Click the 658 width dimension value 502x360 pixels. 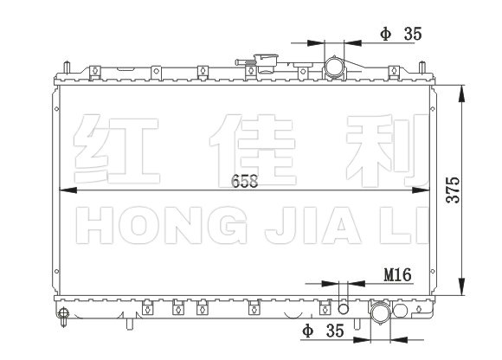[x=245, y=181]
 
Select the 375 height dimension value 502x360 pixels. [x=453, y=190]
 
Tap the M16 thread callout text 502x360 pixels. [x=397, y=274]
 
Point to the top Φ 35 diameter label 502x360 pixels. [x=401, y=34]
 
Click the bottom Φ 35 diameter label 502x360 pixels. [x=324, y=331]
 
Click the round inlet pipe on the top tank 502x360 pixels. [x=334, y=67]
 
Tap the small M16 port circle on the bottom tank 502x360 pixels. [x=344, y=309]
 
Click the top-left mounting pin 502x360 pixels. [x=67, y=67]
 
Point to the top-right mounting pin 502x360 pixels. [x=422, y=67]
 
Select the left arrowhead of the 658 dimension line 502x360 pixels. [x=68, y=190]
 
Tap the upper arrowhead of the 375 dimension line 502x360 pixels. [x=461, y=93]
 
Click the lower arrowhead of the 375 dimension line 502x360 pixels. [x=461, y=286]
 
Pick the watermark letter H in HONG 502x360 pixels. [x=94, y=225]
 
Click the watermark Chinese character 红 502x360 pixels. [x=116, y=150]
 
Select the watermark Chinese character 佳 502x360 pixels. [x=252, y=150]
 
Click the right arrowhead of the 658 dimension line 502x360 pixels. [x=421, y=190]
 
